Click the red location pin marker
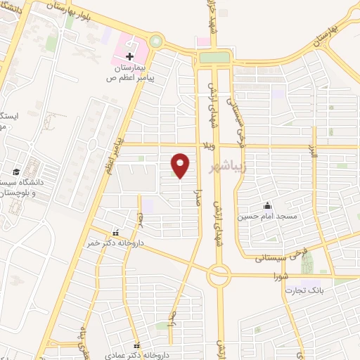click(x=181, y=165)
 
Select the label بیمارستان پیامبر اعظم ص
click(x=130, y=73)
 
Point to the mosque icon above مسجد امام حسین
click(x=267, y=206)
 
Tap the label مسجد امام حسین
click(x=267, y=217)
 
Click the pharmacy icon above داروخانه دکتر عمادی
click(x=146, y=346)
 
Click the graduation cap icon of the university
click(x=15, y=172)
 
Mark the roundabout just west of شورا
click(x=219, y=276)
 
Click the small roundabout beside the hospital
click(x=155, y=41)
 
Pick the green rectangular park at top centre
click(x=214, y=58)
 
